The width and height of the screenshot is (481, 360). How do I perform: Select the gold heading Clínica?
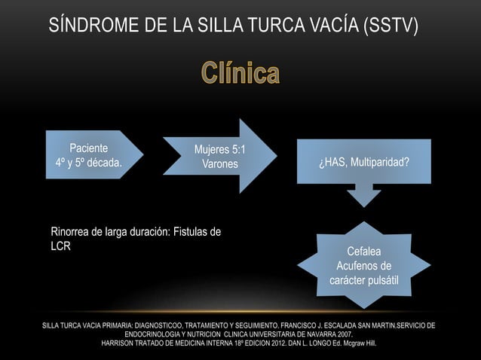(x=240, y=75)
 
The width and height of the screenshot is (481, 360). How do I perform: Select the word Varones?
(x=219, y=164)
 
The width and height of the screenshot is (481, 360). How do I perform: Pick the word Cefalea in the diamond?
(x=363, y=251)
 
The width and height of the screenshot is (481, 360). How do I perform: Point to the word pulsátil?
(x=385, y=281)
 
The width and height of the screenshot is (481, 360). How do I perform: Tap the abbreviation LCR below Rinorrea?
(x=60, y=246)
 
